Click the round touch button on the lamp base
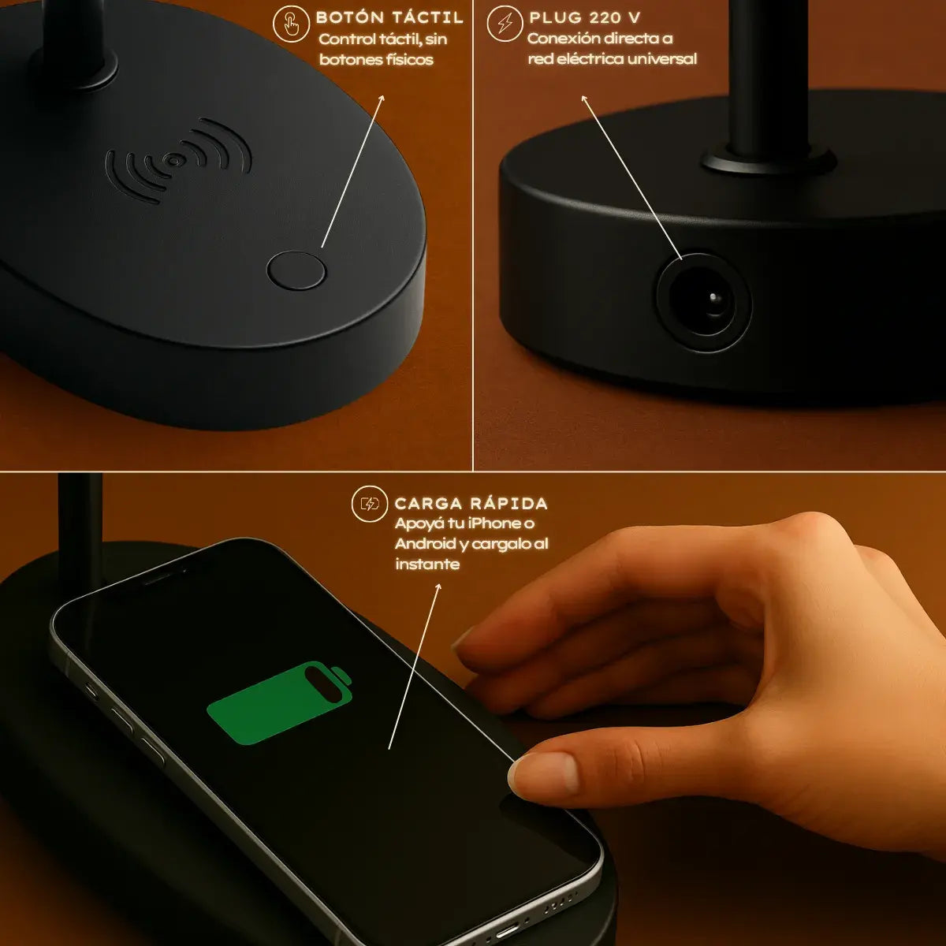click(x=296, y=270)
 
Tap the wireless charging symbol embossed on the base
click(x=179, y=160)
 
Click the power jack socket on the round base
click(x=703, y=302)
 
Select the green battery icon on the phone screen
click(x=280, y=702)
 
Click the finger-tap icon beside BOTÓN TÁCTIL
click(x=291, y=24)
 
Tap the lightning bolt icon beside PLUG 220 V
click(x=505, y=24)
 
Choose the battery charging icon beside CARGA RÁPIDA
click(x=370, y=504)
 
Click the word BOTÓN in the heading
click(x=349, y=17)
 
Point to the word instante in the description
click(x=427, y=564)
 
